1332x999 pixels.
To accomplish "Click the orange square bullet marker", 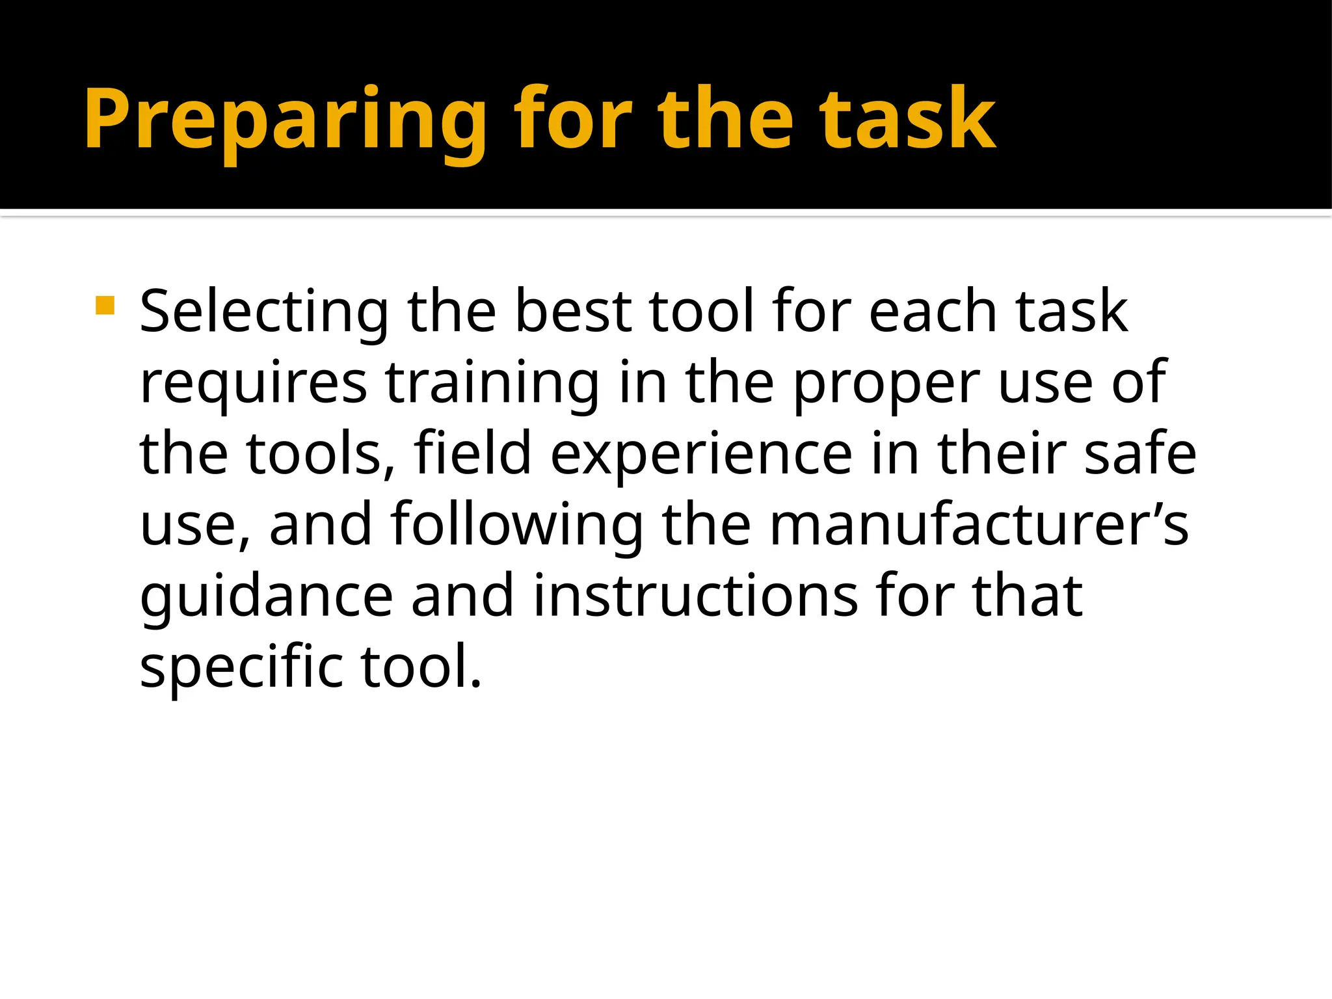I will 105,305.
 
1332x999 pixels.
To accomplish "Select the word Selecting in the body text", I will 264,312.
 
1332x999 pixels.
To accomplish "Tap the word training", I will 492,384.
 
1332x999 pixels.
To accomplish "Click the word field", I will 473,453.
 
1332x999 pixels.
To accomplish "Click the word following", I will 516,526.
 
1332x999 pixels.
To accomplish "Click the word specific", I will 241,667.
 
